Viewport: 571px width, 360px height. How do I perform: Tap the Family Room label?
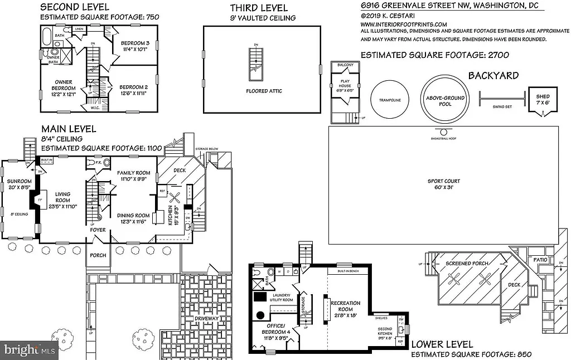pyautogui.click(x=134, y=176)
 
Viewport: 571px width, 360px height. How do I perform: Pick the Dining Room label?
pyautogui.click(x=133, y=219)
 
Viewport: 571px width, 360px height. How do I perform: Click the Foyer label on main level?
pyautogui.click(x=98, y=230)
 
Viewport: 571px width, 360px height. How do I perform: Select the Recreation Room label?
pyautogui.click(x=346, y=307)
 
